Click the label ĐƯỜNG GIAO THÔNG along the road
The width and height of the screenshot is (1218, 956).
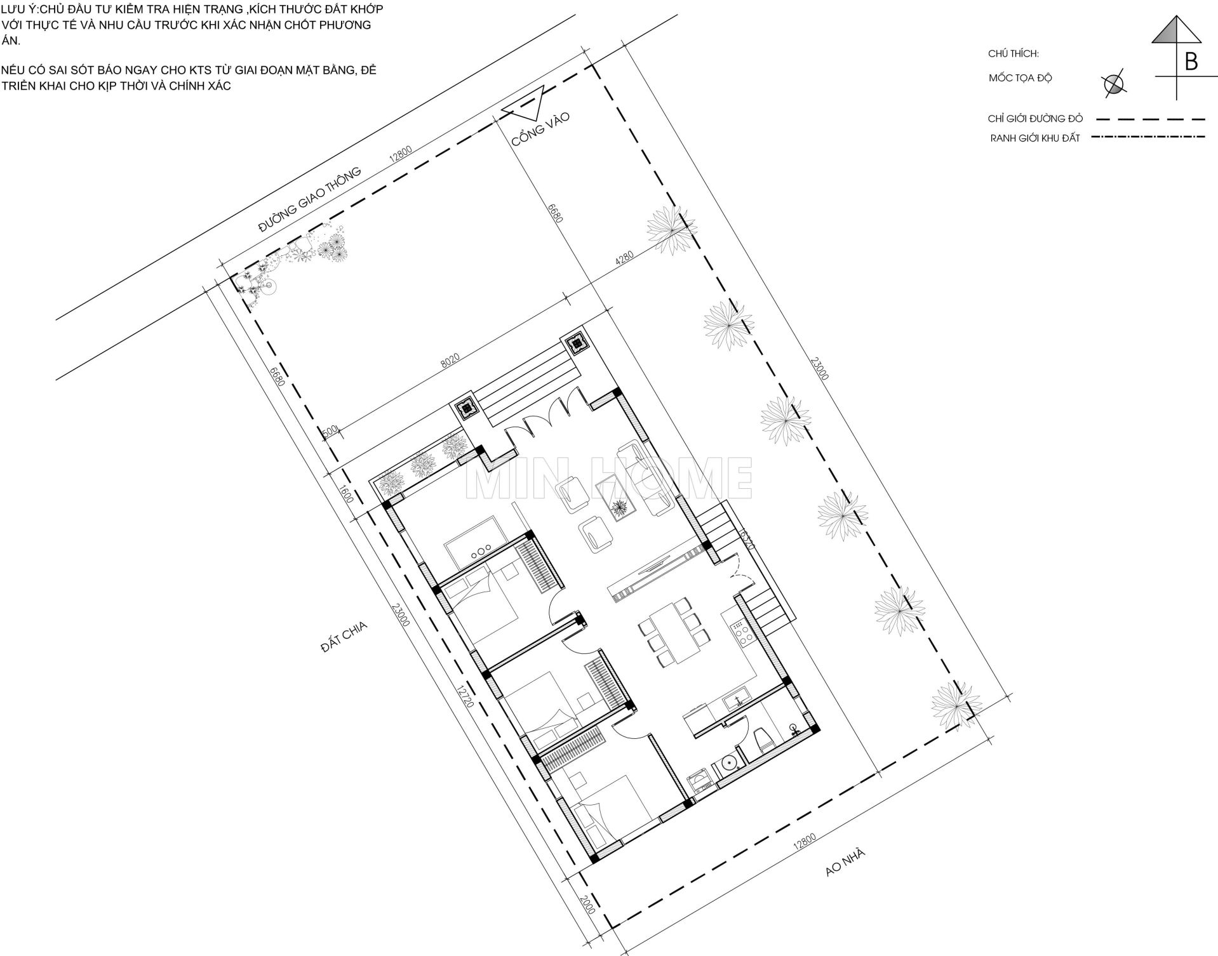(x=310, y=201)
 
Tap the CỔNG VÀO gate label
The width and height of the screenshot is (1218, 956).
(x=541, y=129)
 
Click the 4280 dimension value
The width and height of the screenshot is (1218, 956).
(x=624, y=260)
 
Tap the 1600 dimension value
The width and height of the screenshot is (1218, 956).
(x=347, y=495)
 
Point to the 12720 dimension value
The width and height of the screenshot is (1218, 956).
(x=465, y=696)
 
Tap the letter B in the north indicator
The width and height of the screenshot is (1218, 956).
(x=1191, y=62)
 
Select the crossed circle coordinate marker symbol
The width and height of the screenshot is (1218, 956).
(x=1113, y=83)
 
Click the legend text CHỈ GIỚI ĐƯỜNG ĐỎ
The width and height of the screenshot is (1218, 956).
(x=1035, y=119)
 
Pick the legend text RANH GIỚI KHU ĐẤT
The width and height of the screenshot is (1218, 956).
(x=1035, y=138)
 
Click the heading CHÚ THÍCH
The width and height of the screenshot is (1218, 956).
(x=1014, y=54)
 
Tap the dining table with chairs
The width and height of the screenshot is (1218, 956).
(x=672, y=631)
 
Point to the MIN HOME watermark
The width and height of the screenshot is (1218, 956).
(x=609, y=477)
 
